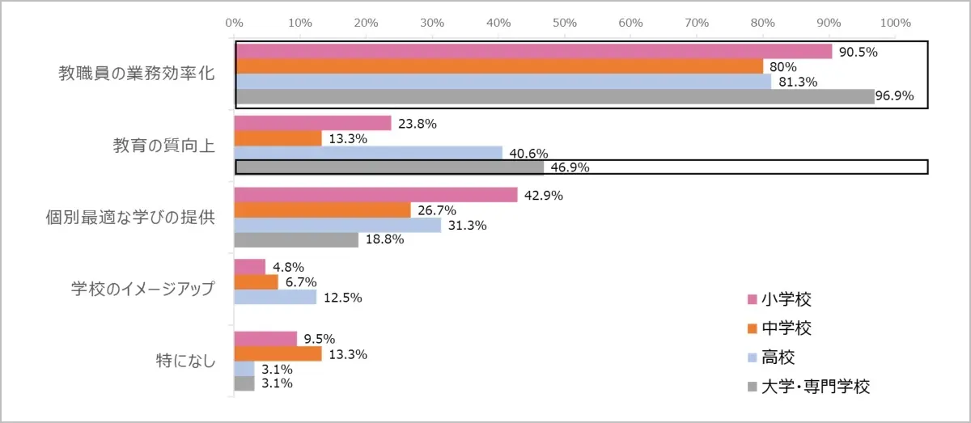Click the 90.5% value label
coord(859,52)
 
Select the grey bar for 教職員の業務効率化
coord(554,96)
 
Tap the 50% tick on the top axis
coord(564,22)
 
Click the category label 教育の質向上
coord(163,146)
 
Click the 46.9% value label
coord(570,168)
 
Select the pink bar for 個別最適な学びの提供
coord(375,195)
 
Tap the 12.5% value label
coord(343,298)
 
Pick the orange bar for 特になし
coord(278,353)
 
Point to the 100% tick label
coord(895,22)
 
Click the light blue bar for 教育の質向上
coord(368,153)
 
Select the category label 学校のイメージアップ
coord(142,289)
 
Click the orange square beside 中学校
coord(752,328)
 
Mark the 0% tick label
coord(235,22)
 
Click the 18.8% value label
coord(384,240)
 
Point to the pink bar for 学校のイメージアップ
coord(250,266)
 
